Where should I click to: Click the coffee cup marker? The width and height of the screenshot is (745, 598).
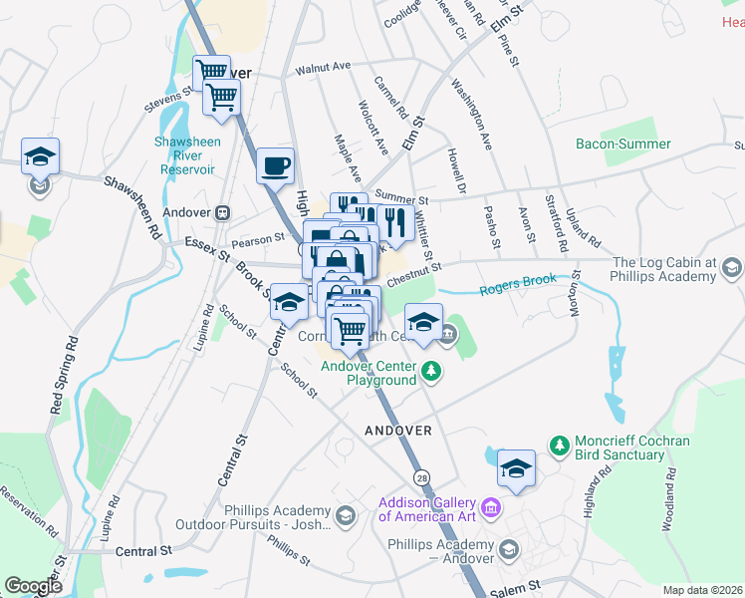point(275,165)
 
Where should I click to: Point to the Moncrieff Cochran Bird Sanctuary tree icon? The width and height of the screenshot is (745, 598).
point(559,443)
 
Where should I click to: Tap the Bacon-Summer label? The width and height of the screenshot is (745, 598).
point(623,144)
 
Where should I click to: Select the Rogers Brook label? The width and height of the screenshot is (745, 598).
point(517,282)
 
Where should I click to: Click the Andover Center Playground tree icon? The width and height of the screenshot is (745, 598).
point(430,372)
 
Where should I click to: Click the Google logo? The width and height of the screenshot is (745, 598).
point(33,586)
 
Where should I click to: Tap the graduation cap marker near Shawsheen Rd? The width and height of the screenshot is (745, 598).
point(41,157)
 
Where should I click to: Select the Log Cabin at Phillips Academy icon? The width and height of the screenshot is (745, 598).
point(732,267)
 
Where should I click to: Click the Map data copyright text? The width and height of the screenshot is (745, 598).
point(703,590)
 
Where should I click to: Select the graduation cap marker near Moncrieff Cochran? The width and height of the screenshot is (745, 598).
point(516,469)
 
